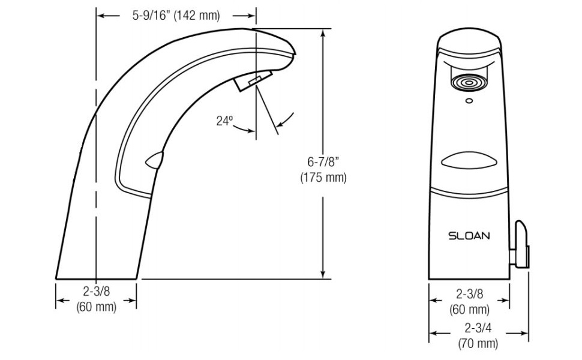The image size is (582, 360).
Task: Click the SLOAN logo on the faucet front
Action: (x=469, y=236)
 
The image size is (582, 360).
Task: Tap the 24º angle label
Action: (x=224, y=121)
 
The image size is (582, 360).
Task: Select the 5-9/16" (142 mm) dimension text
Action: (x=176, y=16)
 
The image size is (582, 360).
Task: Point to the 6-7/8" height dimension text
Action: (x=323, y=162)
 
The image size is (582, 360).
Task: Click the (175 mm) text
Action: (x=323, y=178)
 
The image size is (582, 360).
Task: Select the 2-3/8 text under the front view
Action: (x=469, y=295)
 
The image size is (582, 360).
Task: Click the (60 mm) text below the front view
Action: (x=469, y=310)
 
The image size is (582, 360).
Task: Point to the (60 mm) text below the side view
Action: (x=96, y=307)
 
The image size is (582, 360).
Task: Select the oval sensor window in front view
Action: (x=469, y=161)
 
